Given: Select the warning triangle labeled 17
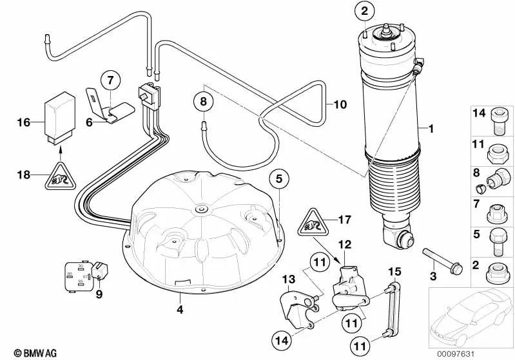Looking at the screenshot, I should point(311,223).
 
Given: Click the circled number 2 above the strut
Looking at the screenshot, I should point(364,11).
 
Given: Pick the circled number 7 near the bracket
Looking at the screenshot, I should point(110,81).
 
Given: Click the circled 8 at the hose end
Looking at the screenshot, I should point(203,102).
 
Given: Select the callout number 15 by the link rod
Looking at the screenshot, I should point(393,271).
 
